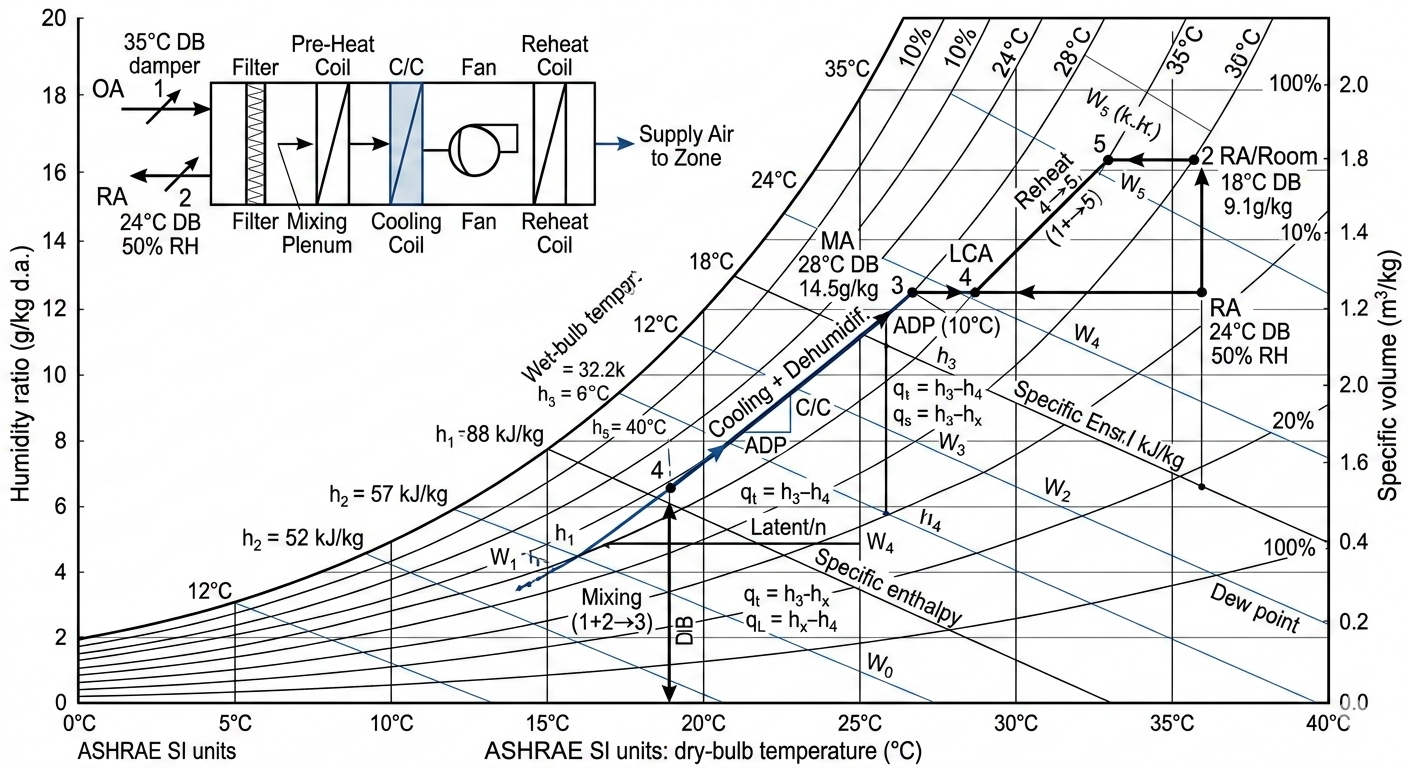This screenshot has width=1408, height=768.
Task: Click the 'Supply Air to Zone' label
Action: [x=681, y=145]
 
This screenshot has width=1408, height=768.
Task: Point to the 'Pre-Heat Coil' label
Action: [x=329, y=55]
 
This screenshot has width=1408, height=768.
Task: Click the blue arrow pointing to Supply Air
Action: [x=611, y=143]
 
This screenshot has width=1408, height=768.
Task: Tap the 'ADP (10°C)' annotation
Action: [x=935, y=326]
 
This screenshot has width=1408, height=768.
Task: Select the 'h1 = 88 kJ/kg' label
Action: [x=489, y=434]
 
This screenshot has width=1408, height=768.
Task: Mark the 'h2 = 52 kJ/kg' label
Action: [x=301, y=537]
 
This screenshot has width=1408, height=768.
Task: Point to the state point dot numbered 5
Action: [x=1108, y=160]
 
